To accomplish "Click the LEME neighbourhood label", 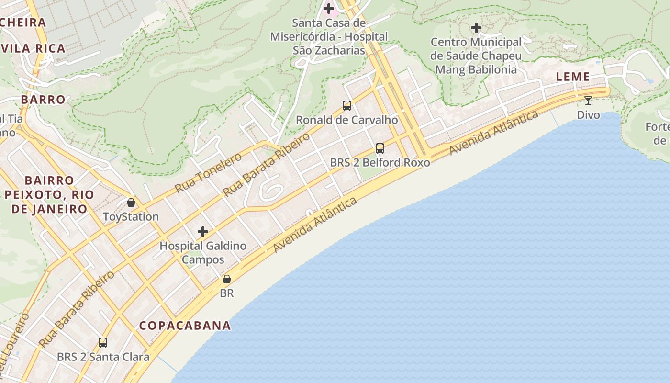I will coord(573,77).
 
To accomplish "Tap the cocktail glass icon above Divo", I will coord(588,101).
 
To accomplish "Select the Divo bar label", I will coord(588,115).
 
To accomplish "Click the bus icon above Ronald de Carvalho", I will coord(347,106).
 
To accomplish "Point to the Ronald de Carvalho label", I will coord(347,120).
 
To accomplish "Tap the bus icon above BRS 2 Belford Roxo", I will coord(380,148).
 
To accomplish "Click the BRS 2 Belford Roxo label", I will coord(380,162).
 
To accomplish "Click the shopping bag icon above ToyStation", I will coord(131,203).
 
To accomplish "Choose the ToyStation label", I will coord(131,217).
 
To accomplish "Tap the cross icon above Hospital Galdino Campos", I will coord(203,232).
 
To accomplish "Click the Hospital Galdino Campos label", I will coord(203,253).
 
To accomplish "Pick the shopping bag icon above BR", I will coord(227,279).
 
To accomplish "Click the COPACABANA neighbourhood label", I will coord(185,326).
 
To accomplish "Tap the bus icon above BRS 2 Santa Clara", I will coord(103,343).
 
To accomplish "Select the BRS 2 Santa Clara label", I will coord(103,357).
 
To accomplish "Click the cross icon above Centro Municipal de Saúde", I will coord(476,28).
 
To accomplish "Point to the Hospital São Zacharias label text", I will coord(329,36).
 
